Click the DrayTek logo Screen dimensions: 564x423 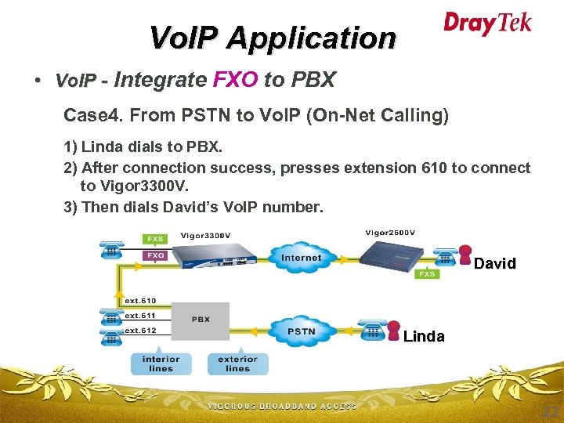[487, 23]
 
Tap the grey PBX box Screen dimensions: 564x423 [201, 320]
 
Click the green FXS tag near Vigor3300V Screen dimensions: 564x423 [154, 238]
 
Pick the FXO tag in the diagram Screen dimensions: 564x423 [154, 255]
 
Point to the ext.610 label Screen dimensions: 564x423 [139, 300]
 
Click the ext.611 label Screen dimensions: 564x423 [139, 315]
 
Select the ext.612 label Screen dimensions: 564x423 [139, 330]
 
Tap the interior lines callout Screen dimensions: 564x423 [161, 363]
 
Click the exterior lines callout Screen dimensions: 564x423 [237, 363]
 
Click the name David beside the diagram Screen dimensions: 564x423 [494, 264]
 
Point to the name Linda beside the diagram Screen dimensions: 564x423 [424, 337]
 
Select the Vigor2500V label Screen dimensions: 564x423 [390, 232]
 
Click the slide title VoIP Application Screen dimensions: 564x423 [273, 37]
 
